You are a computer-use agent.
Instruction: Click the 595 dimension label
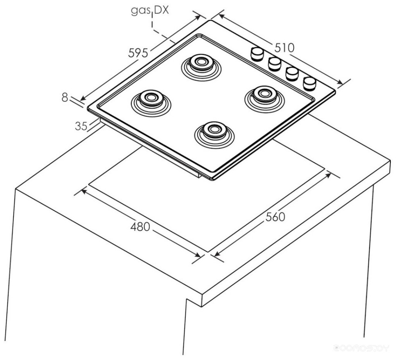(138, 53)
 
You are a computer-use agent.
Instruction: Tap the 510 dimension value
(284, 48)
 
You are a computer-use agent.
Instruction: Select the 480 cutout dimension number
(140, 226)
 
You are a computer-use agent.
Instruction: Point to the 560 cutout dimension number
(275, 217)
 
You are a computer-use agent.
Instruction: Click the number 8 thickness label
(65, 97)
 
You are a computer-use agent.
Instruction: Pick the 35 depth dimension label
(81, 126)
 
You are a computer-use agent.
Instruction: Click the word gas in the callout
(140, 11)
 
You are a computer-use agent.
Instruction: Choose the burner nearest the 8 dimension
(150, 100)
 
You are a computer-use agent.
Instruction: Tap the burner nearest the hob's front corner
(214, 131)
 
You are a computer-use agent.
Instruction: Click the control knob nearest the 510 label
(257, 53)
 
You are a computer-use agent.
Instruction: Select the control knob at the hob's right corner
(310, 83)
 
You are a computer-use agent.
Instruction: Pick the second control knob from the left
(275, 63)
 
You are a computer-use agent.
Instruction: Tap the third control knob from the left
(292, 73)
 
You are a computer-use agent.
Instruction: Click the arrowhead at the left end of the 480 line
(83, 191)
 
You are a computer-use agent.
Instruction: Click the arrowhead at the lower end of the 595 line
(82, 99)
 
